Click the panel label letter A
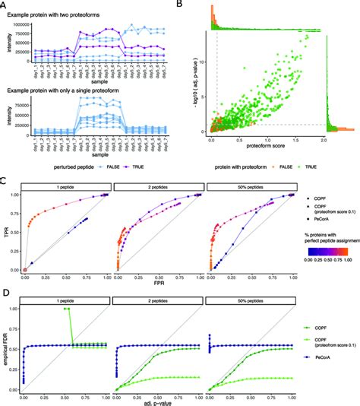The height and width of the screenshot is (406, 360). [x=4, y=5]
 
